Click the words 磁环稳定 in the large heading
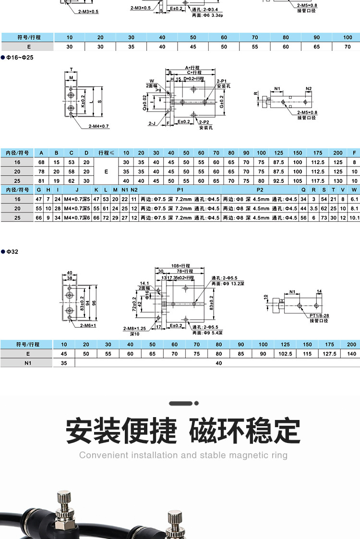245,431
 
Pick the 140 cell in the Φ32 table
351,354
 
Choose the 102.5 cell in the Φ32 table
286,354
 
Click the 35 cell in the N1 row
64,363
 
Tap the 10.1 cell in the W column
354,217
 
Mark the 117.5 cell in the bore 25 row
318,180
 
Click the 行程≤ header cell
107,153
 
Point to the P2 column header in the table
260,190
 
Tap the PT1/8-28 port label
319,316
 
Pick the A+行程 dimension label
192,67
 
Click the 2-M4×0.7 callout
99,126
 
